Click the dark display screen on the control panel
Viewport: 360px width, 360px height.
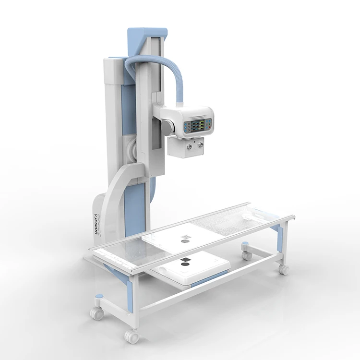pyautogui.click(x=198, y=127)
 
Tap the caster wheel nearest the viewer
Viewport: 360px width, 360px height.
pyautogui.click(x=131, y=336)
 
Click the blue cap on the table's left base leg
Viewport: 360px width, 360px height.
pyautogui.click(x=98, y=296)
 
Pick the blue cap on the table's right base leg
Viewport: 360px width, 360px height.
pyautogui.click(x=246, y=244)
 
